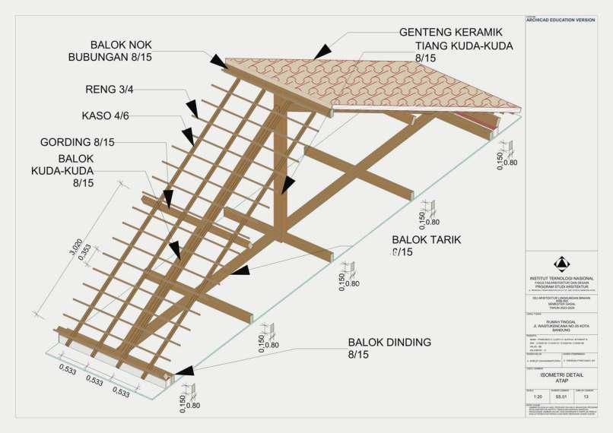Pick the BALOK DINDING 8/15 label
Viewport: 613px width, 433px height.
[389, 348]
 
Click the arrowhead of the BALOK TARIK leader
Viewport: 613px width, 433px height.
[240, 270]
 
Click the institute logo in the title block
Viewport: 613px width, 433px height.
[562, 264]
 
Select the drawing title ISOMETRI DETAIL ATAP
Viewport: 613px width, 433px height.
[562, 377]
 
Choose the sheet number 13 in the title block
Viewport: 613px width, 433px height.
[586, 396]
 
